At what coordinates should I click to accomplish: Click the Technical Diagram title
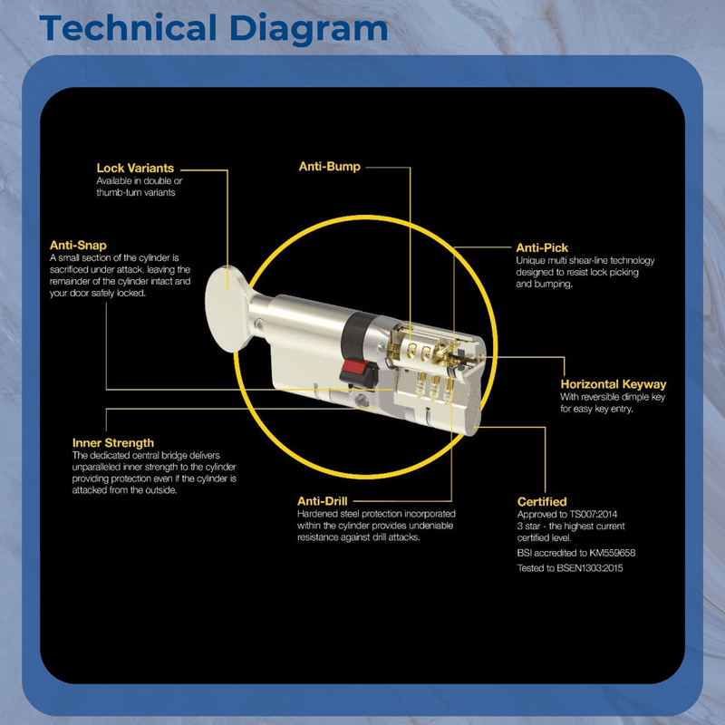(x=214, y=29)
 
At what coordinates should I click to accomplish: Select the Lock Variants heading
(x=135, y=168)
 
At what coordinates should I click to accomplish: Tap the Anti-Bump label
(x=330, y=167)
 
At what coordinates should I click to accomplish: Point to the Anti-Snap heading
(x=78, y=245)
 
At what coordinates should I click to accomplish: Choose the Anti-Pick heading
(x=542, y=247)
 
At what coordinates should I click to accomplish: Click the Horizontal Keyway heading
(x=614, y=384)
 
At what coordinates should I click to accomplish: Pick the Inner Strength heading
(x=112, y=443)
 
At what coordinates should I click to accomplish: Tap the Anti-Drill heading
(x=323, y=501)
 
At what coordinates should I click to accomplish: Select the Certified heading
(x=542, y=502)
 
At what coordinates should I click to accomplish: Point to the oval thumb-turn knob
(x=227, y=309)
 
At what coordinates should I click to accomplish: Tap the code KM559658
(x=613, y=553)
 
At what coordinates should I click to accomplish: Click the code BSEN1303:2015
(x=590, y=568)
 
